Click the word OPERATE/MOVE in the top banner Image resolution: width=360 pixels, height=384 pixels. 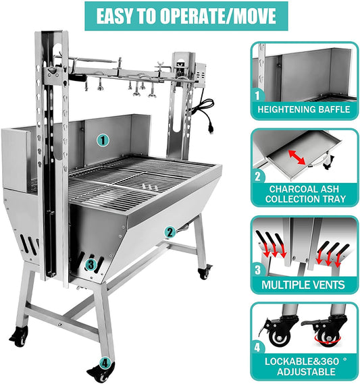(x=218, y=16)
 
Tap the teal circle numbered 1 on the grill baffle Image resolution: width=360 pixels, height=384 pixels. (x=103, y=140)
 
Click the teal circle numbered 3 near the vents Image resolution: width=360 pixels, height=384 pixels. (x=91, y=265)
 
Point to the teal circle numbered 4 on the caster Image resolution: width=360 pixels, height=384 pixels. (x=105, y=363)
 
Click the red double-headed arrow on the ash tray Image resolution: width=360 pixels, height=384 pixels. (x=297, y=157)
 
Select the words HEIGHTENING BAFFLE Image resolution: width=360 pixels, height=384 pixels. (x=304, y=109)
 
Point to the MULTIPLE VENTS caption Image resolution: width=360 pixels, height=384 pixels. (x=303, y=285)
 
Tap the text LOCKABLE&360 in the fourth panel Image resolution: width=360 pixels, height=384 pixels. (x=302, y=362)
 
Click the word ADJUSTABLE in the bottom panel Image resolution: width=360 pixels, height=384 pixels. (x=306, y=372)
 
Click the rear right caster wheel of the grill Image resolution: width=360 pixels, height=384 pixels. (x=204, y=273)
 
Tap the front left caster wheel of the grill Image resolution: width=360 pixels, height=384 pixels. (x=19, y=337)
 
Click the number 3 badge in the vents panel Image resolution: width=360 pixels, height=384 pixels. (x=258, y=270)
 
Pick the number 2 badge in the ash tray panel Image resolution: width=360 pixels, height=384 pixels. (x=258, y=176)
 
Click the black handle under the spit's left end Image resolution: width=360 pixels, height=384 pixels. (x=77, y=78)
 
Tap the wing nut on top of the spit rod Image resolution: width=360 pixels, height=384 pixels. (x=161, y=65)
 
